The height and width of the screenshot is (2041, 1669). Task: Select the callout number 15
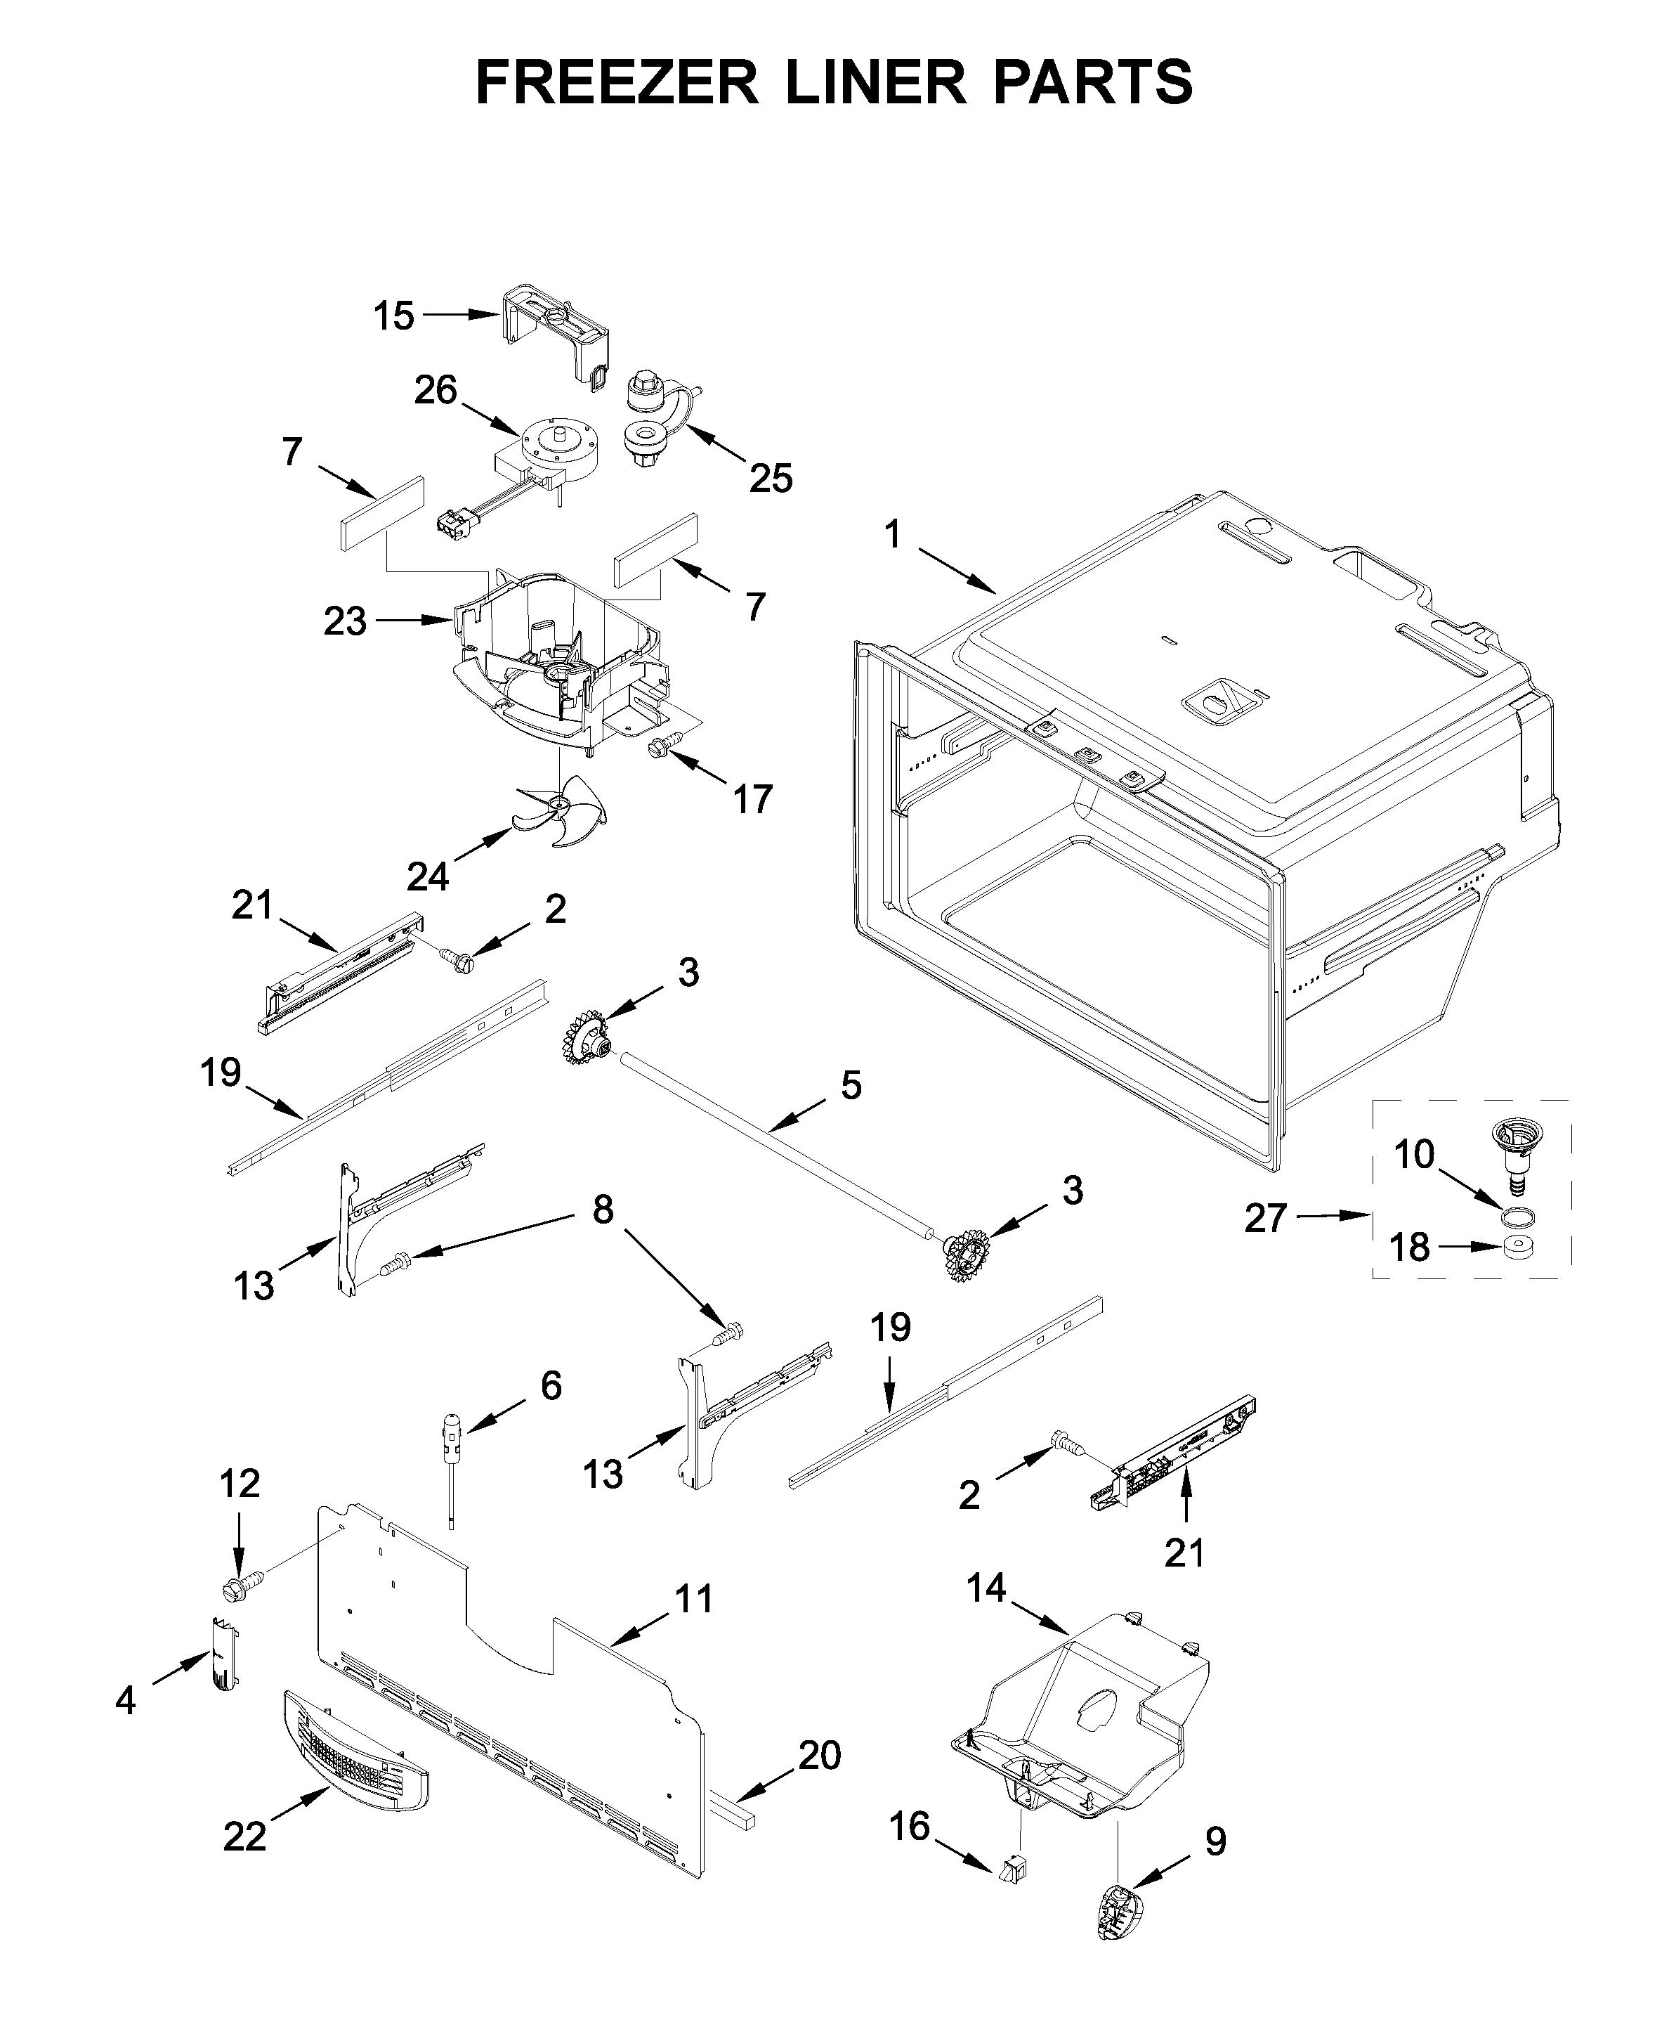393,316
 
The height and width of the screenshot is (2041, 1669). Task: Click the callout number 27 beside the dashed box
1265,1218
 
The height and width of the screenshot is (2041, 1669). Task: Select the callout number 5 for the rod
851,1085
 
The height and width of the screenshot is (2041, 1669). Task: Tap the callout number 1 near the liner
893,534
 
